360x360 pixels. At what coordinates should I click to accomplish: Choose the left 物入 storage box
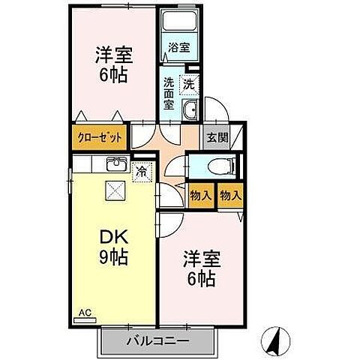(x=199, y=195)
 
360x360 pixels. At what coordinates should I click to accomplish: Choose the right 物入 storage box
(x=231, y=195)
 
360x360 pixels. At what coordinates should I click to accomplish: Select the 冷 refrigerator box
(x=140, y=172)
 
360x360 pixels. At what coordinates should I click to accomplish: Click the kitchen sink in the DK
(x=116, y=164)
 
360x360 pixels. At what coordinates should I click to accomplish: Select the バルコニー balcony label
(x=156, y=341)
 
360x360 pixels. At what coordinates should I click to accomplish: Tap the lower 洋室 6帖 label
(x=200, y=269)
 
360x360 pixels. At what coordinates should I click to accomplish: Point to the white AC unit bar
(x=85, y=318)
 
